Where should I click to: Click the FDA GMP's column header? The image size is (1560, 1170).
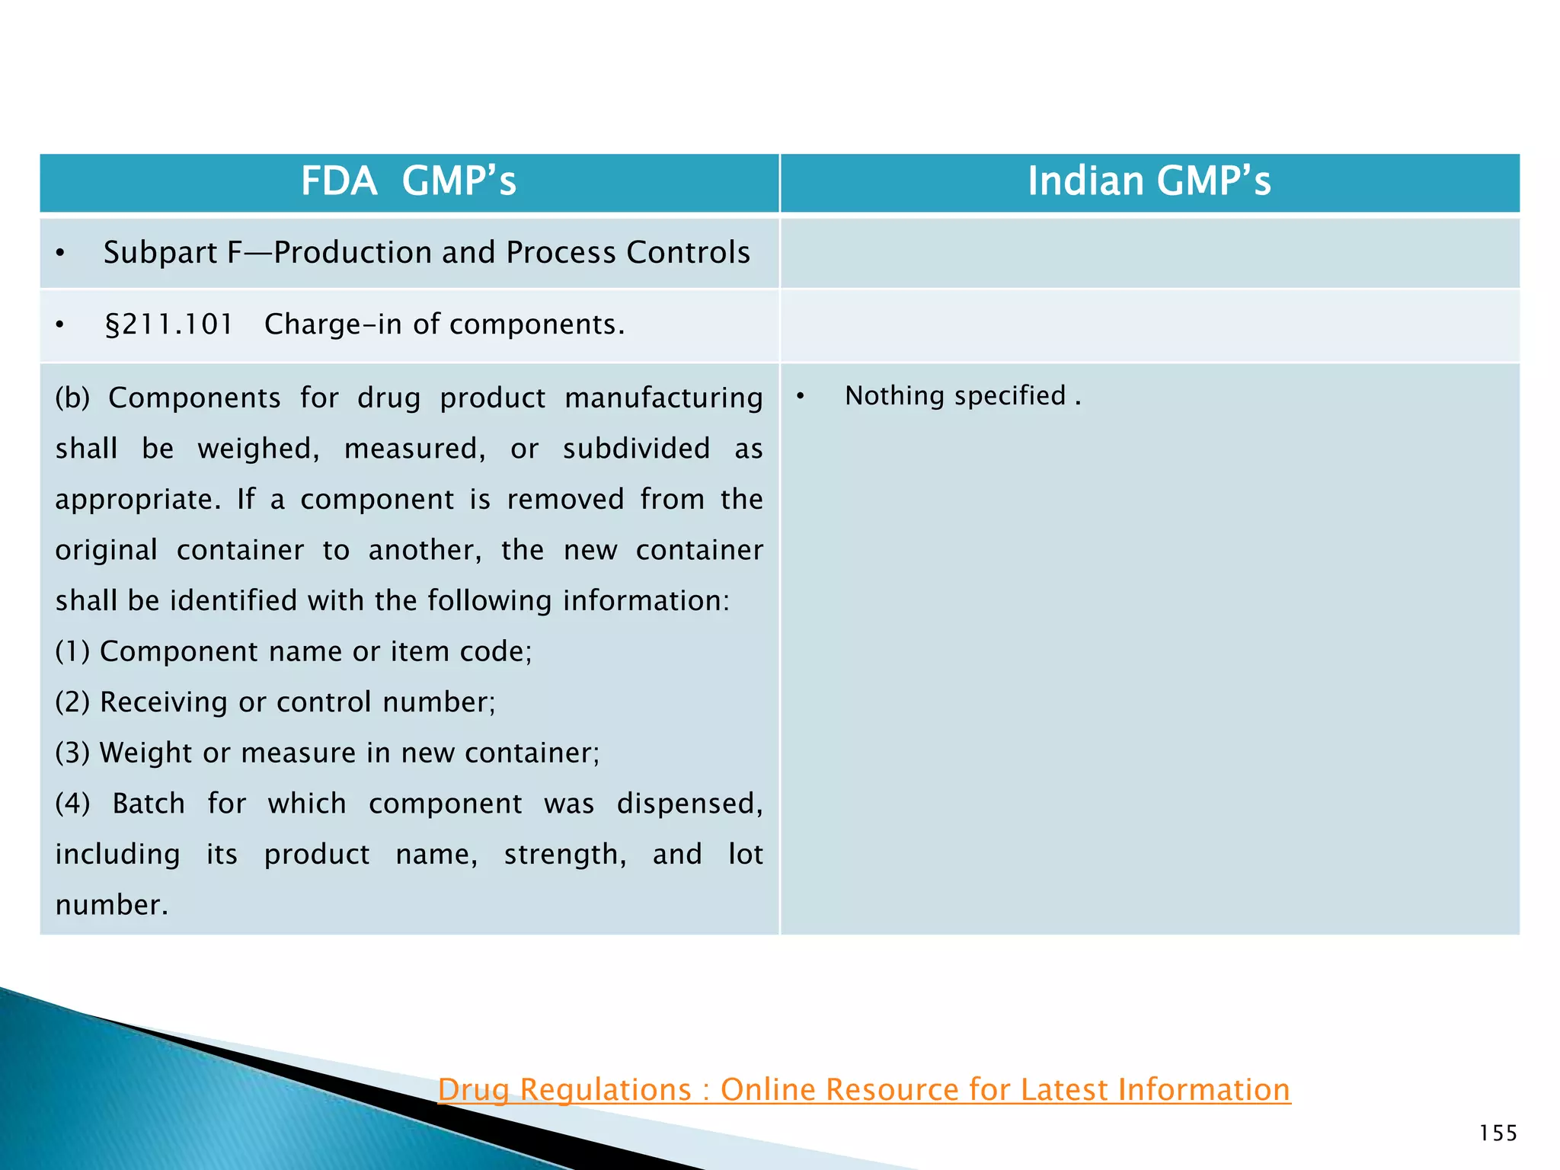click(x=408, y=182)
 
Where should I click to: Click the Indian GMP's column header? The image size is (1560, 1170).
click(x=1149, y=182)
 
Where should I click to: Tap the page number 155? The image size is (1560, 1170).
click(x=1498, y=1133)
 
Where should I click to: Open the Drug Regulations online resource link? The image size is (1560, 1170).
click(x=864, y=1090)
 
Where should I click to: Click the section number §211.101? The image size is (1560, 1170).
click(x=168, y=325)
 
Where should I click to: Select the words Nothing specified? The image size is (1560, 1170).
click(x=955, y=396)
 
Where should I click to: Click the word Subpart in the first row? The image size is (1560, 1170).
click(x=160, y=254)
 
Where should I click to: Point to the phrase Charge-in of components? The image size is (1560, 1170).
click(x=444, y=325)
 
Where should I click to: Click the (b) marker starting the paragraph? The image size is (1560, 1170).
click(x=72, y=398)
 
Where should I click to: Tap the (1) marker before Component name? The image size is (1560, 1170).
click(x=72, y=652)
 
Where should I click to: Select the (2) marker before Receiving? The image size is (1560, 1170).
click(x=72, y=702)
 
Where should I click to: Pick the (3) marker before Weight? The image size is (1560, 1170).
click(x=72, y=753)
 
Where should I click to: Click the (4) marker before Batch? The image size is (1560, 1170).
click(x=72, y=804)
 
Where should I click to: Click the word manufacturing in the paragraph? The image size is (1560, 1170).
click(x=663, y=398)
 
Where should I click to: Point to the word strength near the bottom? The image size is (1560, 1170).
click(x=564, y=855)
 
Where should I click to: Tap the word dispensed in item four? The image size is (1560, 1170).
click(x=689, y=804)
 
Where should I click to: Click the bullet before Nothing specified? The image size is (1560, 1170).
click(x=800, y=397)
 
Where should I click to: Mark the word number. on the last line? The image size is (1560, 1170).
click(x=111, y=906)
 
